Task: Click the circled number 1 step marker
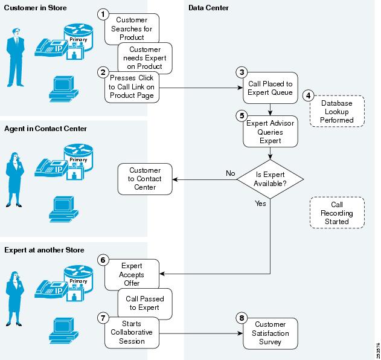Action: (103, 13)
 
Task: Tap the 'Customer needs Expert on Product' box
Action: (144, 58)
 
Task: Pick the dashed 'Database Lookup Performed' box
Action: (336, 112)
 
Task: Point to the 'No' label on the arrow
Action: (230, 173)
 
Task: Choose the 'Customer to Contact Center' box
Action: (144, 179)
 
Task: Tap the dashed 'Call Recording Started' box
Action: (336, 213)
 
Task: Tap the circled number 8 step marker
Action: (241, 317)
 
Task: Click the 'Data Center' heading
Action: (208, 7)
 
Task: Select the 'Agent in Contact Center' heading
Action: (46, 129)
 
